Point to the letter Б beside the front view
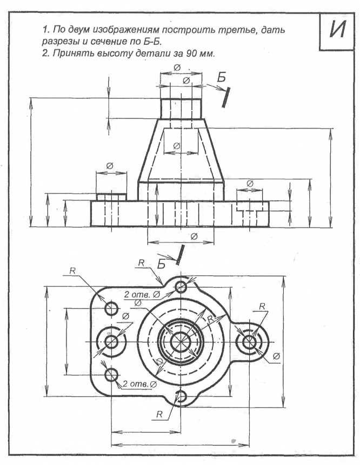click(220, 79)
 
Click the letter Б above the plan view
click(161, 264)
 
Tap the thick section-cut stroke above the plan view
click(179, 254)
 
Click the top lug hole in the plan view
click(182, 286)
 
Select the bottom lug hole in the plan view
click(182, 397)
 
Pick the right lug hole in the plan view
click(250, 342)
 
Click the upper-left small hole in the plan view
click(112, 309)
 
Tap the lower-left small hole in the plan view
click(112, 374)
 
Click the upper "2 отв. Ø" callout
click(142, 295)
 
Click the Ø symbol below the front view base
click(194, 236)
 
